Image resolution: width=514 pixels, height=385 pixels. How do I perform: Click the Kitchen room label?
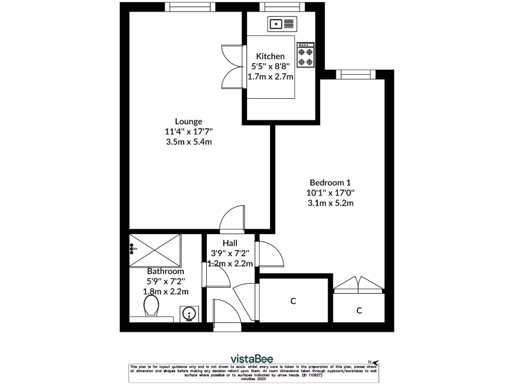[271, 56]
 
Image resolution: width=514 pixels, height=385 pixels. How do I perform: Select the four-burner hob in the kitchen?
[306, 55]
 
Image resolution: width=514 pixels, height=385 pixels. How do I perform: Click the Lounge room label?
[189, 121]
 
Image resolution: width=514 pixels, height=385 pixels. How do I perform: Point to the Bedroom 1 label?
[330, 182]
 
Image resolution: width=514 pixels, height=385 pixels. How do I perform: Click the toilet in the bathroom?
[151, 306]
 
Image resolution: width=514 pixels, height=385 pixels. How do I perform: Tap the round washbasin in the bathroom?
[189, 314]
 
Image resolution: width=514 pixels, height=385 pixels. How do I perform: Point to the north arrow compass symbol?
[373, 361]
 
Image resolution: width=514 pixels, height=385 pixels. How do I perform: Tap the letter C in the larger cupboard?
[293, 301]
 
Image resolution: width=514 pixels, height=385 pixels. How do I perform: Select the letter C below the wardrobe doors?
[359, 310]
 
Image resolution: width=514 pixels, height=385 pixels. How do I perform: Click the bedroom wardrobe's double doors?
[359, 286]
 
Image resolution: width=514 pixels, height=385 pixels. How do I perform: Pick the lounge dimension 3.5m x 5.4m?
[189, 142]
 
